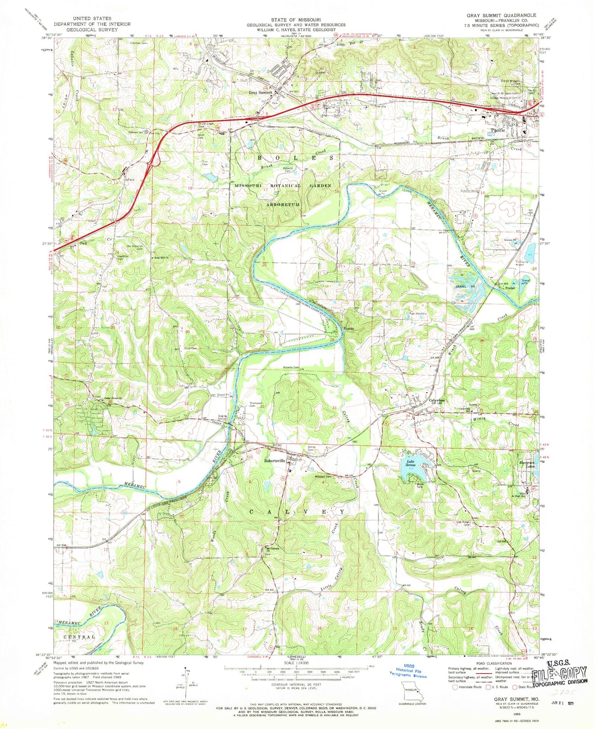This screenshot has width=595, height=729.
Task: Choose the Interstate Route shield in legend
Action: tap(455, 687)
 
